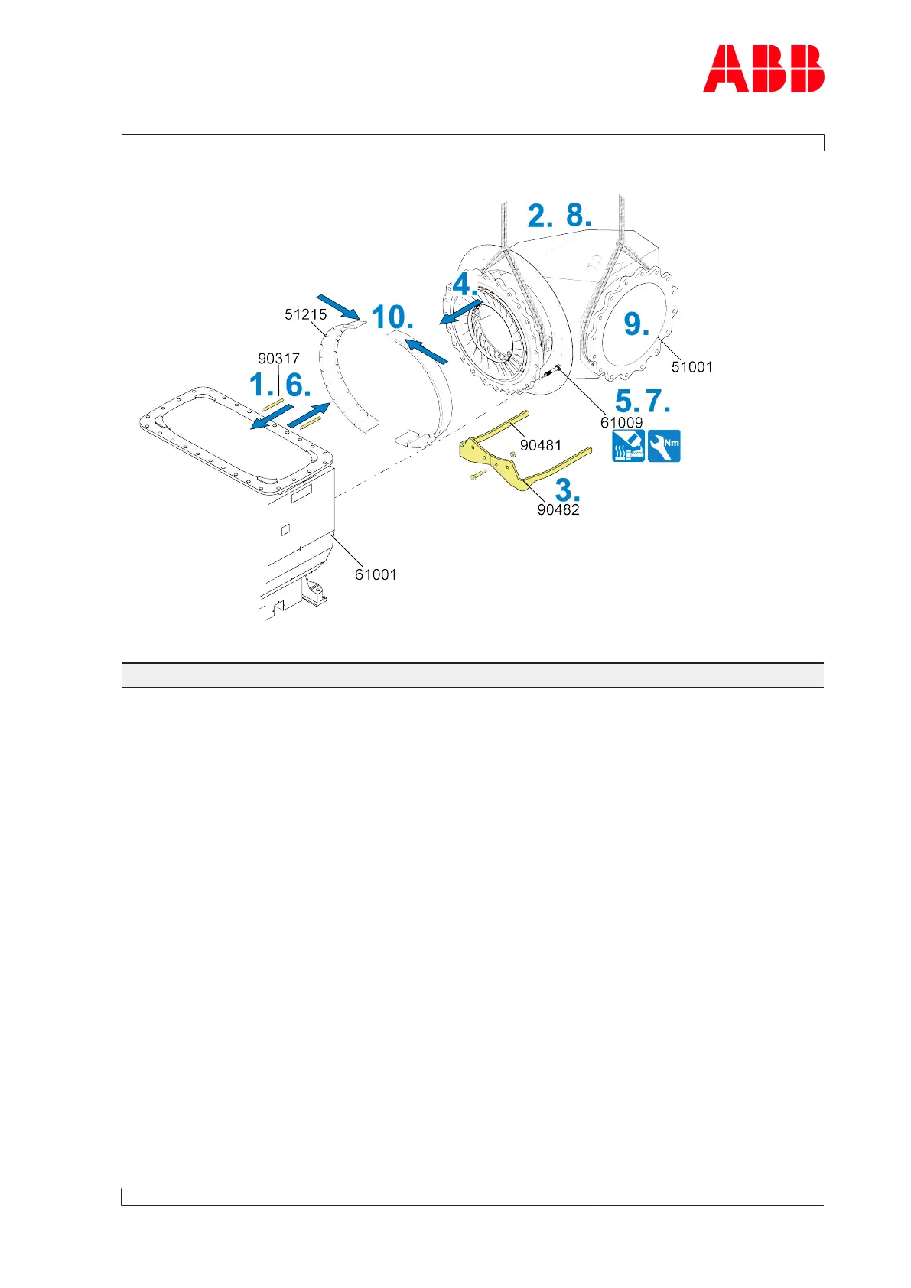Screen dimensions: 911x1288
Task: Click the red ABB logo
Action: click(x=763, y=69)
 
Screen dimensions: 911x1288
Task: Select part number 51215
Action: click(x=305, y=314)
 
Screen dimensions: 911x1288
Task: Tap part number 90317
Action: click(x=278, y=358)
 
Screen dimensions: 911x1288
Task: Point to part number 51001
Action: click(x=691, y=367)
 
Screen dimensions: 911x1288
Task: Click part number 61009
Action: click(x=621, y=422)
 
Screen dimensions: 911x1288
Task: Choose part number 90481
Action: click(x=541, y=445)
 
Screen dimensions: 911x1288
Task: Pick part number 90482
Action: click(x=558, y=510)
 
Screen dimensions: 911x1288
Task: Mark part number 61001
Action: click(x=376, y=574)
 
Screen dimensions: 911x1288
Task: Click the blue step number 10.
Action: click(x=392, y=317)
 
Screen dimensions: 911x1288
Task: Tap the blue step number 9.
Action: click(x=636, y=324)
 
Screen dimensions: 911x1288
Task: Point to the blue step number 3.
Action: click(x=567, y=490)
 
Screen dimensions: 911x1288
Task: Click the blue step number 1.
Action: click(x=262, y=385)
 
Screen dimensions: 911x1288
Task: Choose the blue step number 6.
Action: click(x=298, y=385)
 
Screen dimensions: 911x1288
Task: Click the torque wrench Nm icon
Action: click(x=664, y=446)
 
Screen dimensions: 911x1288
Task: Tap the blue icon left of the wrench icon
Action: click(x=628, y=446)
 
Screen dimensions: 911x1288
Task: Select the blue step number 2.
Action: click(x=539, y=216)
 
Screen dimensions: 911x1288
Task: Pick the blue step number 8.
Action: click(x=578, y=216)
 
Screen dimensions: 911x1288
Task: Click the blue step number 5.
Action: click(x=627, y=401)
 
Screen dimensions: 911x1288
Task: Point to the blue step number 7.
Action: click(x=658, y=401)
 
